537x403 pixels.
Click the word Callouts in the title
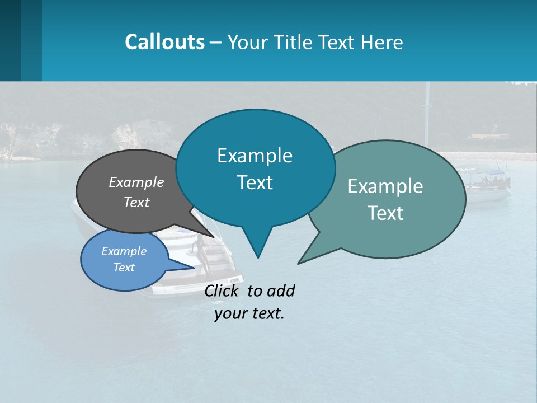click(164, 42)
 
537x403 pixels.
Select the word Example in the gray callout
click(136, 182)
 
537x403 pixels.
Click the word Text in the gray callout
click(136, 202)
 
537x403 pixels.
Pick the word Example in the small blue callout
click(124, 251)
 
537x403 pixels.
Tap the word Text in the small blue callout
click(124, 268)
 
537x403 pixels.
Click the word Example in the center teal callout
click(255, 156)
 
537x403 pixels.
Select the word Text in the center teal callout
click(255, 182)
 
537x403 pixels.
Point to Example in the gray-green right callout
click(385, 186)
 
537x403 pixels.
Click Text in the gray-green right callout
click(385, 213)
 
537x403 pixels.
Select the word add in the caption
click(281, 291)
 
